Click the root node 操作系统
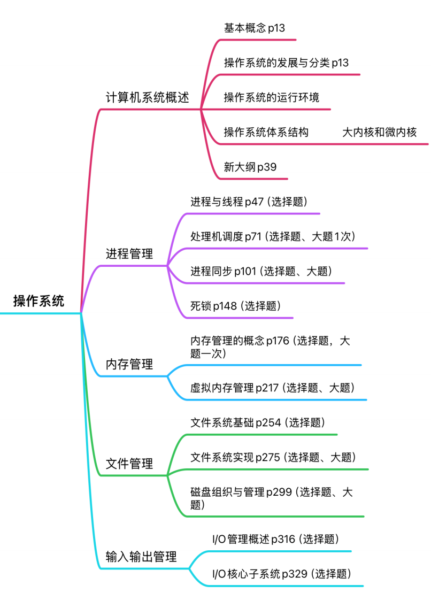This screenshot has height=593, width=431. [x=39, y=301]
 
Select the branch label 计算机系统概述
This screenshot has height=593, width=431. [x=148, y=98]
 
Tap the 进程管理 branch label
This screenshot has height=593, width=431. [x=129, y=253]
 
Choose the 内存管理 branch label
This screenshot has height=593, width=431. [x=129, y=365]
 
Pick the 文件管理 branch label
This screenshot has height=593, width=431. [x=129, y=464]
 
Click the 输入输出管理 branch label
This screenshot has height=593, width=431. [x=141, y=557]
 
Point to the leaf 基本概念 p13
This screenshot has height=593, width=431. [x=254, y=28]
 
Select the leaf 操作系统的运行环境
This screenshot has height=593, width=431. [x=272, y=98]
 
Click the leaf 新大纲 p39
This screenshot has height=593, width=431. [x=250, y=167]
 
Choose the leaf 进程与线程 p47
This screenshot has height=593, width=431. [x=249, y=202]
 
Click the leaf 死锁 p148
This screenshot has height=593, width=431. [x=236, y=306]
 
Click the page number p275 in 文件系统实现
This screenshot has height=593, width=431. [x=267, y=457]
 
